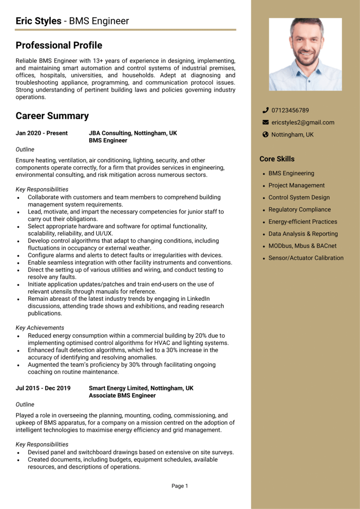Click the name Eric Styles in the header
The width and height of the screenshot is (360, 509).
pyautogui.click(x=38, y=21)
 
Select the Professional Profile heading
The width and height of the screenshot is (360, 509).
pyautogui.click(x=59, y=46)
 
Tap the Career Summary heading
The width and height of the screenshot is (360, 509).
pyautogui.click(x=52, y=116)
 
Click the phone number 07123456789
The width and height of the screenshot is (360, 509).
pyautogui.click(x=290, y=110)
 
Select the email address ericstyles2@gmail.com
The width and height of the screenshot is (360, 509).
pyautogui.click(x=302, y=122)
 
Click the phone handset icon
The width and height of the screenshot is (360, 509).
pyautogui.click(x=265, y=110)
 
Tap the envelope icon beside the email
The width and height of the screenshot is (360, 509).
pyautogui.click(x=265, y=122)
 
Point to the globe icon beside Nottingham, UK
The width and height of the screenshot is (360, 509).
pyautogui.click(x=265, y=135)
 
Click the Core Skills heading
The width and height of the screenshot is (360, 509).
pyautogui.click(x=277, y=159)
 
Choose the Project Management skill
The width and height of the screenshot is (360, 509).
pyautogui.click(x=296, y=186)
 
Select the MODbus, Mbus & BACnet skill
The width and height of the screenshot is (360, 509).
pyautogui.click(x=302, y=246)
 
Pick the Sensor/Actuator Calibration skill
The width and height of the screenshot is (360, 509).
pyautogui.click(x=306, y=258)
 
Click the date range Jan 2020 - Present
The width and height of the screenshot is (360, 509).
pyautogui.click(x=42, y=133)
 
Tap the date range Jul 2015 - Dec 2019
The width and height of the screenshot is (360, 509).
pyautogui.click(x=43, y=388)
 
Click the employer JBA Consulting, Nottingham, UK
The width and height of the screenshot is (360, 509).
pyautogui.click(x=133, y=133)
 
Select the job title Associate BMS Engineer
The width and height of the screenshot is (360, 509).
pyautogui.click(x=122, y=396)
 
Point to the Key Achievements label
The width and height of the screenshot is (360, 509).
pyautogui.click(x=40, y=328)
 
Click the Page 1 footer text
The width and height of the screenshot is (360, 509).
pyautogui.click(x=180, y=486)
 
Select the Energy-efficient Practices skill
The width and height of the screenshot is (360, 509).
pyautogui.click(x=302, y=222)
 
